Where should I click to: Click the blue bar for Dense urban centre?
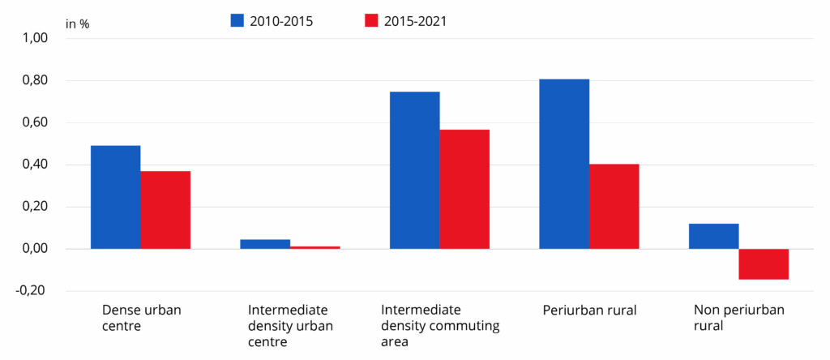coord(115,197)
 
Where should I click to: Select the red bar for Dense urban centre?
coord(165,210)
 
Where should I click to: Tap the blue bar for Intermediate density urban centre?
coord(265,244)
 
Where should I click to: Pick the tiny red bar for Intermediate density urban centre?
coord(315,247)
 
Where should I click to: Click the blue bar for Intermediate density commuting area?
coord(414,170)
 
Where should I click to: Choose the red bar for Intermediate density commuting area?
coord(464,189)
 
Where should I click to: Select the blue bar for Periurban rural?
coord(564,164)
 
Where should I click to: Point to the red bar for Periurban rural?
coord(614,207)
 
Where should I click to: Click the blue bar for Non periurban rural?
coord(714,236)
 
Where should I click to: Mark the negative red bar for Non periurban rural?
coord(764,264)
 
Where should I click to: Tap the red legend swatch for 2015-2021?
coord(371,21)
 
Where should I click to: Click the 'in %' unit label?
coord(78,24)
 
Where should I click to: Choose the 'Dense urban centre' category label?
coord(141,318)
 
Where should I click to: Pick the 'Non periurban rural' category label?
coord(739,318)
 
